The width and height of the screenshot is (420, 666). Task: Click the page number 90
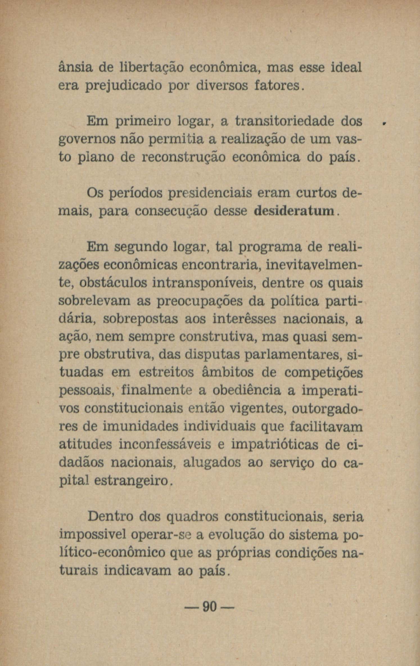(x=209, y=608)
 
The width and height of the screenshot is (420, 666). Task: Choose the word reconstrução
(x=184, y=158)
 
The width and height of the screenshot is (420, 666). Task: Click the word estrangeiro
(x=132, y=481)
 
